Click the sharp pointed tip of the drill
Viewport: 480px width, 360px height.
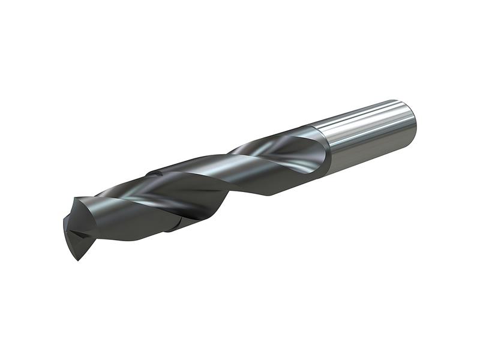coord(77,259)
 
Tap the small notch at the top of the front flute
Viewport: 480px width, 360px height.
coord(155,173)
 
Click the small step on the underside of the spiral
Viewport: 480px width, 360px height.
coord(174,227)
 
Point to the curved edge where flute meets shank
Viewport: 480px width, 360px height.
coord(327,150)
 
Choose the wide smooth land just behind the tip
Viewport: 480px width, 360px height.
coord(120,222)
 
